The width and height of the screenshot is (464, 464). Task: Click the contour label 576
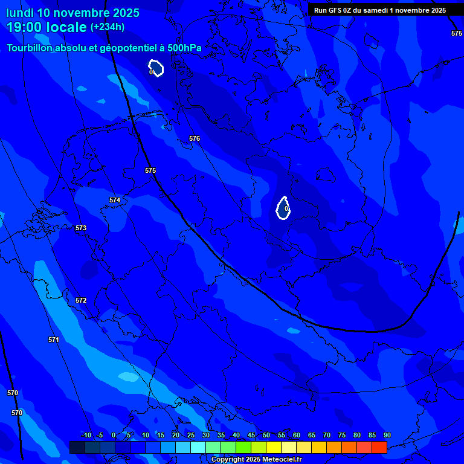(x=194, y=138)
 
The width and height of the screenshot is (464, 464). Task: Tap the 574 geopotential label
(x=115, y=200)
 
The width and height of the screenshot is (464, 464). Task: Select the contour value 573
(x=81, y=228)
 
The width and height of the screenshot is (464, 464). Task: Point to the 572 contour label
(x=81, y=300)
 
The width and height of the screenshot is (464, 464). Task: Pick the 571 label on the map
(x=54, y=340)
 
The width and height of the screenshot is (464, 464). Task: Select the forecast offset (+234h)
(x=108, y=27)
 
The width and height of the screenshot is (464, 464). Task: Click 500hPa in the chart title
(x=184, y=48)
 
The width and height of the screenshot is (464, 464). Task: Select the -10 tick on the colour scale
(x=86, y=435)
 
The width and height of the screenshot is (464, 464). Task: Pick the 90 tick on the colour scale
(x=387, y=435)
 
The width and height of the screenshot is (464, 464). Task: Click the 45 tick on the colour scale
(x=251, y=435)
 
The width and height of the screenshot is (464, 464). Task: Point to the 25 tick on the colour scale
(x=190, y=435)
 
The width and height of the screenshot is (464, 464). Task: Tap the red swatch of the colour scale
(x=379, y=447)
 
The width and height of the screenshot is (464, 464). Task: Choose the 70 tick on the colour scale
(x=326, y=435)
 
